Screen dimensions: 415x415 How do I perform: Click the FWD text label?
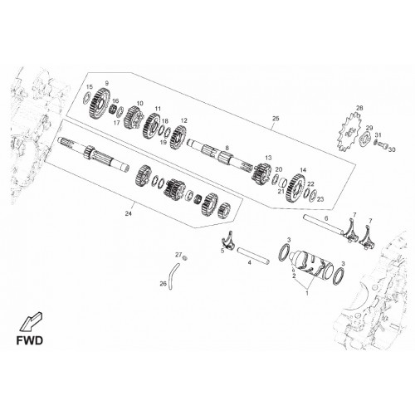point(30,340)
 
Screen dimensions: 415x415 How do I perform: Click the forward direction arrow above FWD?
point(31,322)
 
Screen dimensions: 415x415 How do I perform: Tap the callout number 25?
point(276,119)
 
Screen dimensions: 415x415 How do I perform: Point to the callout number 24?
point(128,213)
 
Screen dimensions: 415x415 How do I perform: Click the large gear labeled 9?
point(100,103)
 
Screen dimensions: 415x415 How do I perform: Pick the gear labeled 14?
point(296,188)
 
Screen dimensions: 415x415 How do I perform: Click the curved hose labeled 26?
point(173,276)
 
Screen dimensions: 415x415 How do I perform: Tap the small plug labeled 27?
point(186,258)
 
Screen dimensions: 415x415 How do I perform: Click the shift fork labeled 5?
point(228,239)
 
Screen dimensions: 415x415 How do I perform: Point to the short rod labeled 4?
point(253,255)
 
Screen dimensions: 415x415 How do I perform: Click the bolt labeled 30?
point(383,145)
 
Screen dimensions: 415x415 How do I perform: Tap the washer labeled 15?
point(86,98)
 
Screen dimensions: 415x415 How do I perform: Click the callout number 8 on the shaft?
point(227,148)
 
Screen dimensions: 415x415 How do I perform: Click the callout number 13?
point(268,158)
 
